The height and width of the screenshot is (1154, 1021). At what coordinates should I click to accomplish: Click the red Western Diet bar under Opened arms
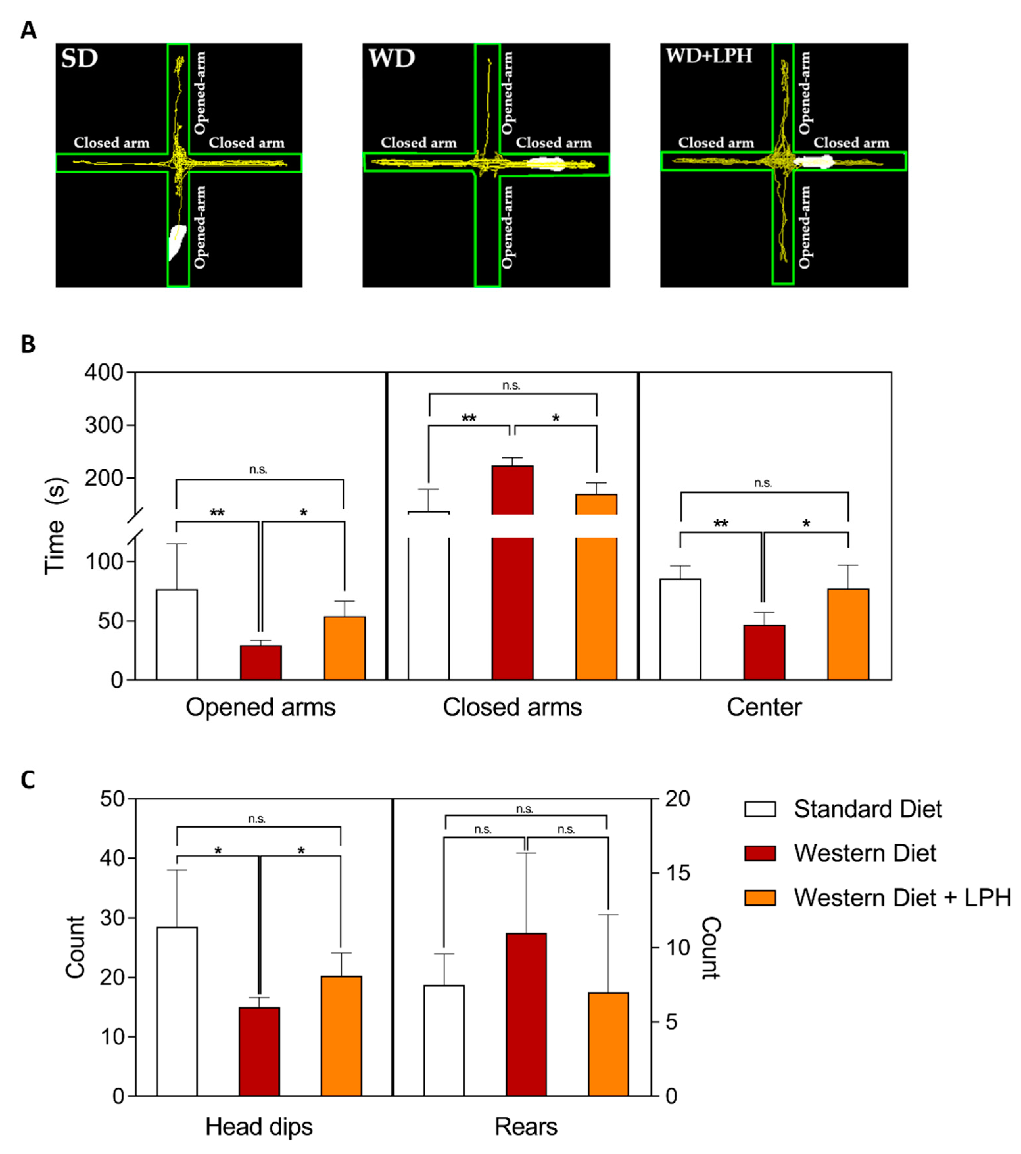pos(260,662)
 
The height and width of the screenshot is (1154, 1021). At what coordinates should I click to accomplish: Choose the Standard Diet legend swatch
pos(760,809)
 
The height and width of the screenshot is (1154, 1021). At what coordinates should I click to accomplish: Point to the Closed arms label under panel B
pos(512,707)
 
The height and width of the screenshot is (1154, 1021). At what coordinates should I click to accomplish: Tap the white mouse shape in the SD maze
pos(177,242)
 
